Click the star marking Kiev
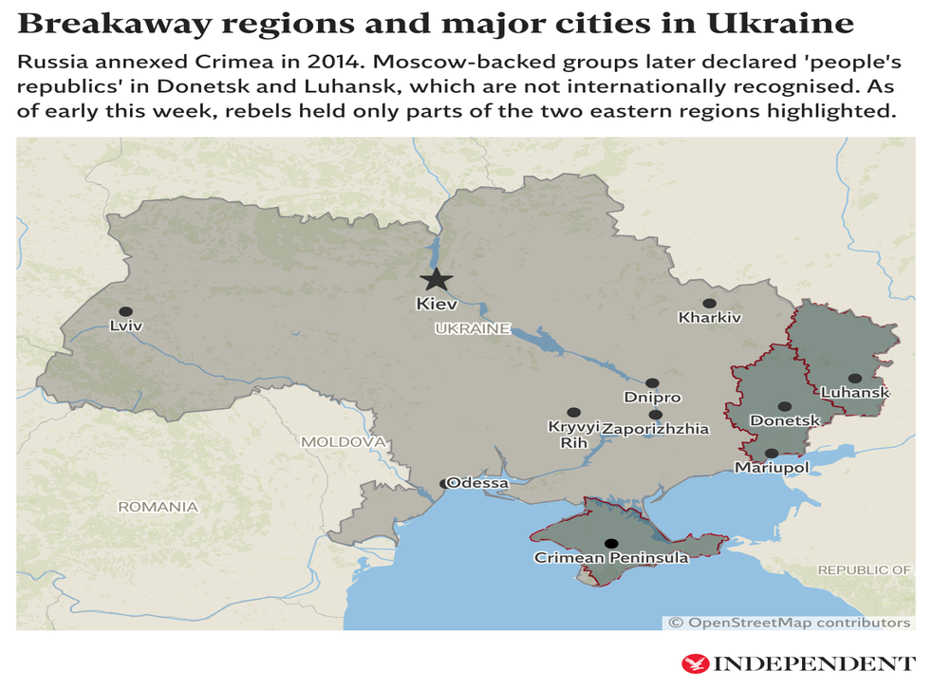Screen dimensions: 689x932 click(437, 279)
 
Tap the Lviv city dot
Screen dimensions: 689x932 click(124, 310)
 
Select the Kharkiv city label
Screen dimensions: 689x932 click(709, 318)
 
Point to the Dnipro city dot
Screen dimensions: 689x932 click(652, 383)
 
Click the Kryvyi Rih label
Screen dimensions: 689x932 click(574, 435)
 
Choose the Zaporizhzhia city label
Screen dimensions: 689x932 click(656, 429)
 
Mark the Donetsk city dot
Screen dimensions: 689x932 click(785, 406)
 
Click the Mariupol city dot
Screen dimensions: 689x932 click(772, 454)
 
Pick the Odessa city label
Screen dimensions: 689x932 click(477, 483)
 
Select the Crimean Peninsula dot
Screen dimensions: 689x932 click(611, 544)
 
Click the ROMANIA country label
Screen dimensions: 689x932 click(158, 507)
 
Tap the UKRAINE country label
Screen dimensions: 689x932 click(472, 329)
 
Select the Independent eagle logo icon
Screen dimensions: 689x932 click(695, 663)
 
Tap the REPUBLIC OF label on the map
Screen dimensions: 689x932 click(865, 569)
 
